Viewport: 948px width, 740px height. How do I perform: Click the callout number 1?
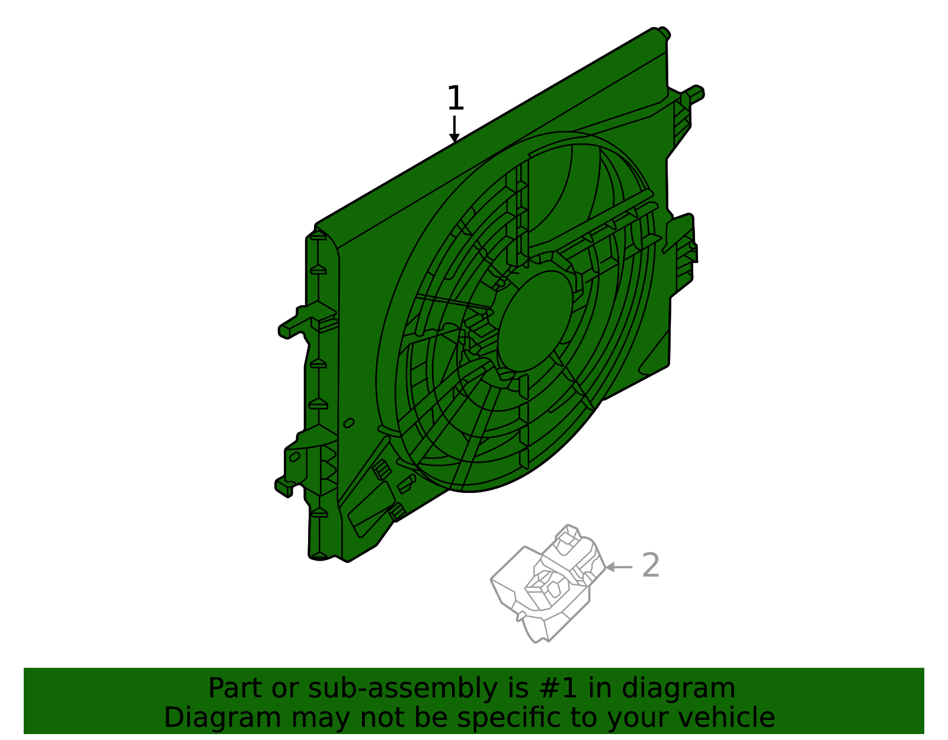[455, 98]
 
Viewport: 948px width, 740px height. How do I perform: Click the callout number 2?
[651, 566]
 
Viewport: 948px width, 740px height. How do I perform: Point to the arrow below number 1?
[454, 130]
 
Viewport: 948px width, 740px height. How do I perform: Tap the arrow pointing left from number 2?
[619, 567]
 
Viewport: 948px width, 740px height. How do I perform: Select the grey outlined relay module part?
[545, 587]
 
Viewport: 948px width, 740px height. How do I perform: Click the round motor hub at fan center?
[536, 321]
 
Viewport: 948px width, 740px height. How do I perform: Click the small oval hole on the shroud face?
[349, 422]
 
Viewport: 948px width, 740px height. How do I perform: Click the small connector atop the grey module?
[568, 537]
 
